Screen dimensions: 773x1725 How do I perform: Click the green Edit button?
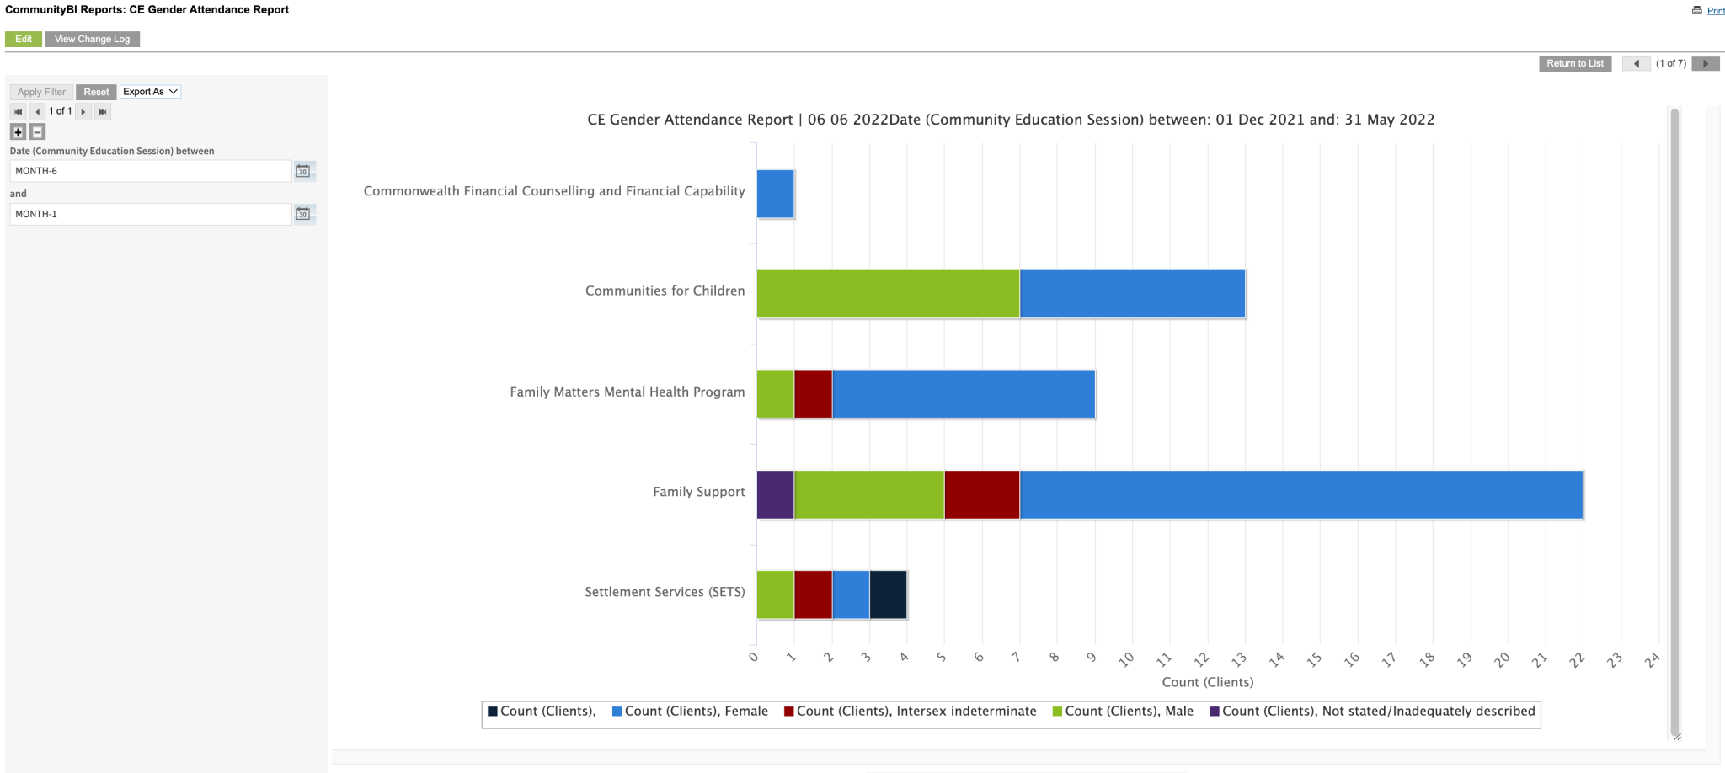click(24, 40)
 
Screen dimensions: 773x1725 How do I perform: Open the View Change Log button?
click(92, 40)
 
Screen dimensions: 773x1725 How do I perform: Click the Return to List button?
click(1574, 64)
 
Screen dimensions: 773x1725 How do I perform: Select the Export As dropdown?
click(150, 92)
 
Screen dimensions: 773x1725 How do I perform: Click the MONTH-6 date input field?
click(150, 171)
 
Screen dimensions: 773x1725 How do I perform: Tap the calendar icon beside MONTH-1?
click(303, 214)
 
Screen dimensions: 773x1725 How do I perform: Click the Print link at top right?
click(1715, 11)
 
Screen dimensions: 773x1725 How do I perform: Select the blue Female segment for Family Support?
click(1300, 495)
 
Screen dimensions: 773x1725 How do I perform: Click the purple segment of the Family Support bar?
click(775, 495)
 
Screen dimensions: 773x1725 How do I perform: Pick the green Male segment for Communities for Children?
click(888, 295)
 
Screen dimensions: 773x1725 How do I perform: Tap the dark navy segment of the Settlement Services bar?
click(888, 595)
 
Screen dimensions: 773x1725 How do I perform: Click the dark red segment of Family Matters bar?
click(813, 395)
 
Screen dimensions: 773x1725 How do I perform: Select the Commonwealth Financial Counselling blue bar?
click(775, 195)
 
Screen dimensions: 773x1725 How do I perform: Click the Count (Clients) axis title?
click(1207, 682)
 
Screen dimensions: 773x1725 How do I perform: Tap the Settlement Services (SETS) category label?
click(665, 592)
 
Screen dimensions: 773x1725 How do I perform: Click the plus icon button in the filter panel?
click(18, 132)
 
